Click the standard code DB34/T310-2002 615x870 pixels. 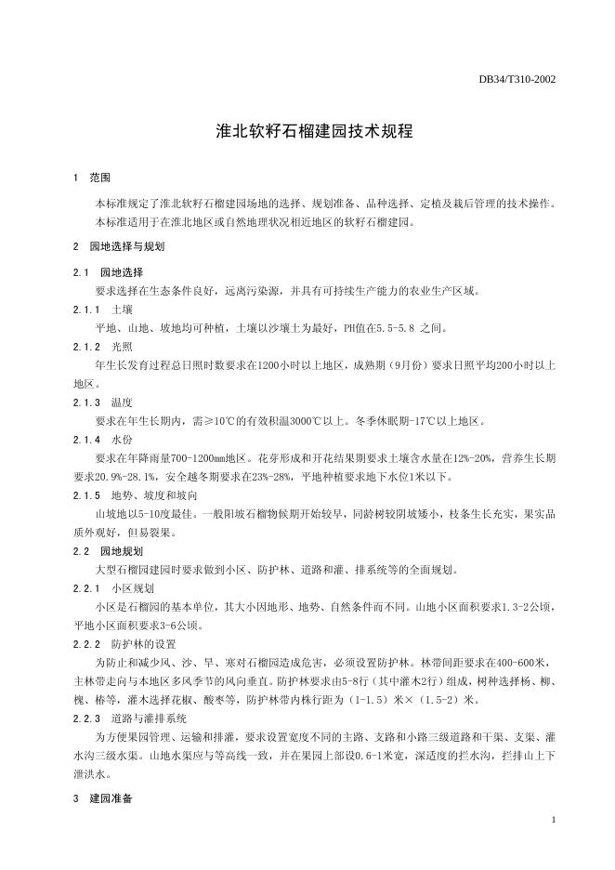click(x=517, y=80)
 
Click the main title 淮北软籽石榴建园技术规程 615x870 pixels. click(x=307, y=131)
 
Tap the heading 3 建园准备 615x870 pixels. click(x=102, y=798)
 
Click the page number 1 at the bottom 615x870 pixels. click(x=554, y=819)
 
